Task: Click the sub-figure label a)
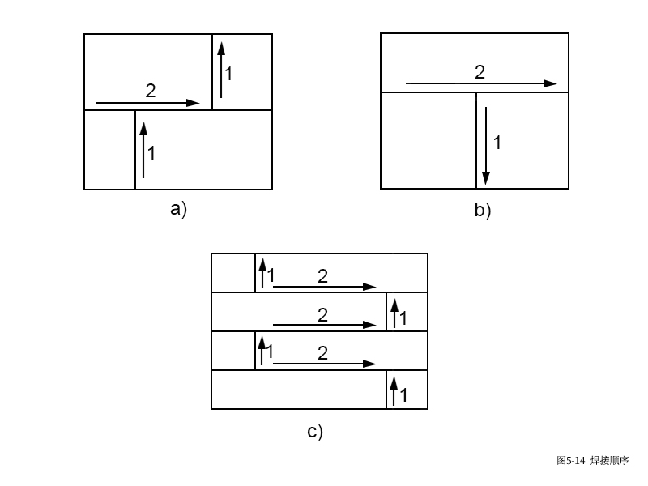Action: [178, 209]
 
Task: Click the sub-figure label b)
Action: [483, 211]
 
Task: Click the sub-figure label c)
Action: [315, 432]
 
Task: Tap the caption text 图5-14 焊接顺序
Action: [592, 460]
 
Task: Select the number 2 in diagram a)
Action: [151, 91]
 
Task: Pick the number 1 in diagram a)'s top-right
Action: [228, 74]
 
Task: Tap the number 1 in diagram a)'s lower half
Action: [151, 152]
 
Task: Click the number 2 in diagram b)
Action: [480, 72]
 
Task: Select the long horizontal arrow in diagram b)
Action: [480, 83]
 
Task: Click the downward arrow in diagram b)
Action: [484, 144]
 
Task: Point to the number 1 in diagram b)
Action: [497, 143]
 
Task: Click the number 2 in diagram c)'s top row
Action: [322, 276]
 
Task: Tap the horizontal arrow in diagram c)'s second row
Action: [324, 325]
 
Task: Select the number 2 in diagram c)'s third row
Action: [322, 353]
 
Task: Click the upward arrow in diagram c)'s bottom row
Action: [394, 390]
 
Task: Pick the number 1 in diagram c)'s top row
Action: [271, 276]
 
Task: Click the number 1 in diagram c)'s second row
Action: [403, 318]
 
